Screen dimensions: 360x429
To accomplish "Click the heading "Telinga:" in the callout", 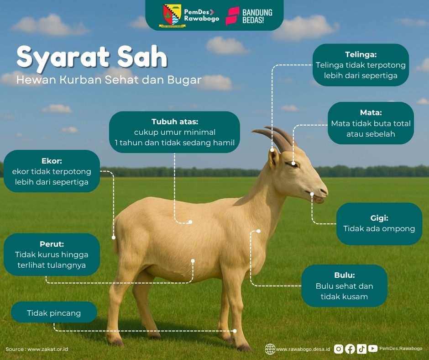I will tap(361, 54).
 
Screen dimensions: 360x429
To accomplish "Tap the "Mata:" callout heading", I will tap(371, 112).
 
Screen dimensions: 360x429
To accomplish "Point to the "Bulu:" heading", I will tap(344, 275).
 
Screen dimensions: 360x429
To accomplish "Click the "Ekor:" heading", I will tap(52, 161).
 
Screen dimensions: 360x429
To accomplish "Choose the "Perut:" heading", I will tap(52, 244).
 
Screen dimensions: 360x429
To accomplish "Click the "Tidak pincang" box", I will tap(54, 313).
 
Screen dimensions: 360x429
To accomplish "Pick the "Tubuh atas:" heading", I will tap(175, 122).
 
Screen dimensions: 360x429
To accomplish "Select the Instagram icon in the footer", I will tap(338, 349).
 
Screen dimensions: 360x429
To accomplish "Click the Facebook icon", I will tap(350, 349).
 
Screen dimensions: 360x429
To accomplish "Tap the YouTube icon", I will tap(373, 349).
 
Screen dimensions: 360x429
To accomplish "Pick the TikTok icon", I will tap(361, 349).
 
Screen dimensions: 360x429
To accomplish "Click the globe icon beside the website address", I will tap(270, 349).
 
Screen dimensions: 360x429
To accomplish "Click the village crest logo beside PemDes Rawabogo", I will tap(172, 15).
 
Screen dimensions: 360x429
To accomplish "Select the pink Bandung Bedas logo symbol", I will tap(232, 16).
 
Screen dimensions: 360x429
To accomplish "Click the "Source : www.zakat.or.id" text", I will tap(37, 349).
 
